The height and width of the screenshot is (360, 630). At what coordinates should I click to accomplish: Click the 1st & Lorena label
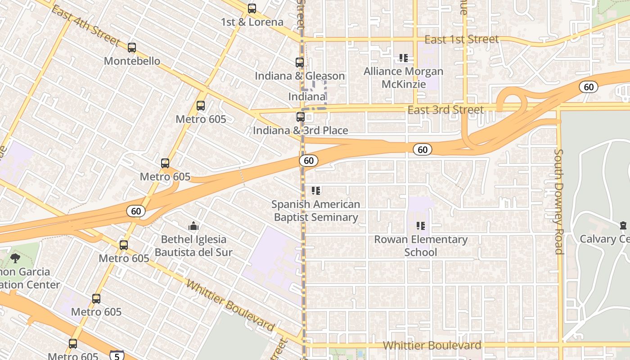[x=252, y=22]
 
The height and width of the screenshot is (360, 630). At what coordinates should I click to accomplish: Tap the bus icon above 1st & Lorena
[x=252, y=9]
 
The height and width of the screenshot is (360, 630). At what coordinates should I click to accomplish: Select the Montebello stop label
[x=132, y=61]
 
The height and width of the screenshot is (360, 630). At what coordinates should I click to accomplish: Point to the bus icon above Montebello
[x=132, y=48]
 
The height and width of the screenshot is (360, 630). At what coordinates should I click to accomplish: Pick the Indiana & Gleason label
[x=300, y=76]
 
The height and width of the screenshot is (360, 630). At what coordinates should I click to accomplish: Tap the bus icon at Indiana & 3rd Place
[x=301, y=117]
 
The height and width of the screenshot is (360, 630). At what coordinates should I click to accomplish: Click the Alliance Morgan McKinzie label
[x=403, y=77]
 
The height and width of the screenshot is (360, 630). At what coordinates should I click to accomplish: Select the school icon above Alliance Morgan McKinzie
[x=403, y=58]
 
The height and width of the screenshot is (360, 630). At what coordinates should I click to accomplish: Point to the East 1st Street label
[x=461, y=39]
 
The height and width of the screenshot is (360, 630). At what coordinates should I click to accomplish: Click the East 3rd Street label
[x=445, y=110]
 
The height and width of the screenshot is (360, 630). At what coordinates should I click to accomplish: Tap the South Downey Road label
[x=559, y=202]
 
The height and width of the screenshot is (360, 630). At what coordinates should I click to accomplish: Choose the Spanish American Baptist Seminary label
[x=315, y=211]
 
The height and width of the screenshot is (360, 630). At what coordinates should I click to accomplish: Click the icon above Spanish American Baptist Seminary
[x=316, y=191]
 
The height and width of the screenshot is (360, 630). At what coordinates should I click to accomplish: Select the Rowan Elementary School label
[x=421, y=246]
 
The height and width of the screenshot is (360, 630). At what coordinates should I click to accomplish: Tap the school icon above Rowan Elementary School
[x=421, y=226]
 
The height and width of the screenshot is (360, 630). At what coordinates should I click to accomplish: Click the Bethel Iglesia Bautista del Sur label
[x=193, y=246]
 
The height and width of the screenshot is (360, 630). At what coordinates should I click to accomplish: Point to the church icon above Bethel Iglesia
[x=193, y=226]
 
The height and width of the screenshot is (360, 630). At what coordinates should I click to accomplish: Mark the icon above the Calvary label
[x=623, y=225]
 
